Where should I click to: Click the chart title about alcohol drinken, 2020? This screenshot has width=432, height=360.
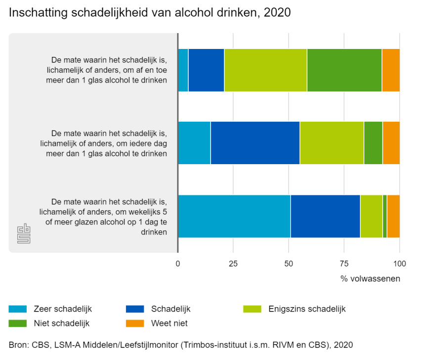[x=149, y=13]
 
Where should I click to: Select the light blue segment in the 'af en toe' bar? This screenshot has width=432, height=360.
[x=183, y=70]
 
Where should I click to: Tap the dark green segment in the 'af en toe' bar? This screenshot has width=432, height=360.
[x=344, y=70]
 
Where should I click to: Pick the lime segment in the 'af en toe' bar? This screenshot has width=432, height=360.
[x=265, y=70]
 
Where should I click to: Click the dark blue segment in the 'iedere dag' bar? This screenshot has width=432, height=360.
[x=255, y=142]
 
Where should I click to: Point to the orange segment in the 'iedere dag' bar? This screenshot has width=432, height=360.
[x=391, y=142]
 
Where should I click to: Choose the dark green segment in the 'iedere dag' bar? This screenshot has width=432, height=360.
[x=373, y=142]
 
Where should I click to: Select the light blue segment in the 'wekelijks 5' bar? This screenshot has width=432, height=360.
[x=234, y=216]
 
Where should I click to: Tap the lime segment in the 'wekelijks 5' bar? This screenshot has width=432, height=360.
[x=371, y=216]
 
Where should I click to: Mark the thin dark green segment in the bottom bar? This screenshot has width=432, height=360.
[x=385, y=216]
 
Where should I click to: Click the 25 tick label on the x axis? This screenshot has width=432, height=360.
[x=233, y=264]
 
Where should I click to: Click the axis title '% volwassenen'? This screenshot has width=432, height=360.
[x=370, y=278]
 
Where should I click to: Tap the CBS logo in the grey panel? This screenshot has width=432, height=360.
[x=24, y=234]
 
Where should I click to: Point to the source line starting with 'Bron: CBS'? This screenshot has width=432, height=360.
[x=181, y=345]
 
